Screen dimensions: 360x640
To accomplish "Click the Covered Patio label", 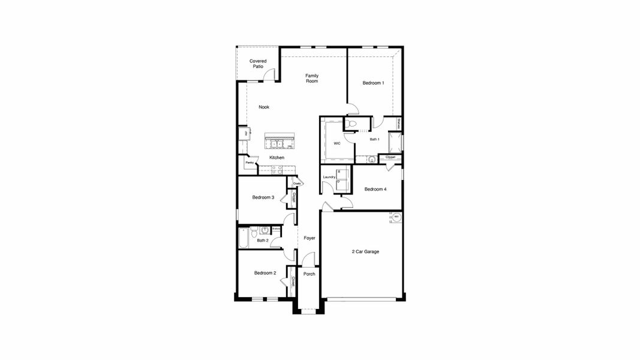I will (258, 64).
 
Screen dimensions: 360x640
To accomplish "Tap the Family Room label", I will (312, 78).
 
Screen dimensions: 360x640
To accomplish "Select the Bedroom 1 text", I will (373, 83).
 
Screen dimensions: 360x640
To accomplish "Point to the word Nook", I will (264, 107).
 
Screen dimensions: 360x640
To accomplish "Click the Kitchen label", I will (277, 158).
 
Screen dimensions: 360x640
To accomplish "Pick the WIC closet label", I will (336, 143).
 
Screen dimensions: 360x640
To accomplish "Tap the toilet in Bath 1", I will (353, 124).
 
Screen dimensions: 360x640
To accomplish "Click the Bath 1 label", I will (374, 139).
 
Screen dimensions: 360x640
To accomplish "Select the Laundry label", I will (329, 177).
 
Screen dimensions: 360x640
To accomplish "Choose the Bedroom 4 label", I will (375, 189).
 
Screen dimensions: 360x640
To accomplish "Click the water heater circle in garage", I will (396, 217).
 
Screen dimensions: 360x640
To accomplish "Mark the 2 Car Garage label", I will (365, 251).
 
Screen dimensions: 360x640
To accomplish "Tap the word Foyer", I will (310, 238).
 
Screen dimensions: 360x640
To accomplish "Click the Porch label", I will (310, 274).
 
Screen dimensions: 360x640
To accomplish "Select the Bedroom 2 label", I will (265, 273).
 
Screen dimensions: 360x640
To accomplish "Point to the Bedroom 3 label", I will (263, 197).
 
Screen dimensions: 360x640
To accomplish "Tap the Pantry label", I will (249, 163).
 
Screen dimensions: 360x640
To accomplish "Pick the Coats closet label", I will (297, 183).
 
